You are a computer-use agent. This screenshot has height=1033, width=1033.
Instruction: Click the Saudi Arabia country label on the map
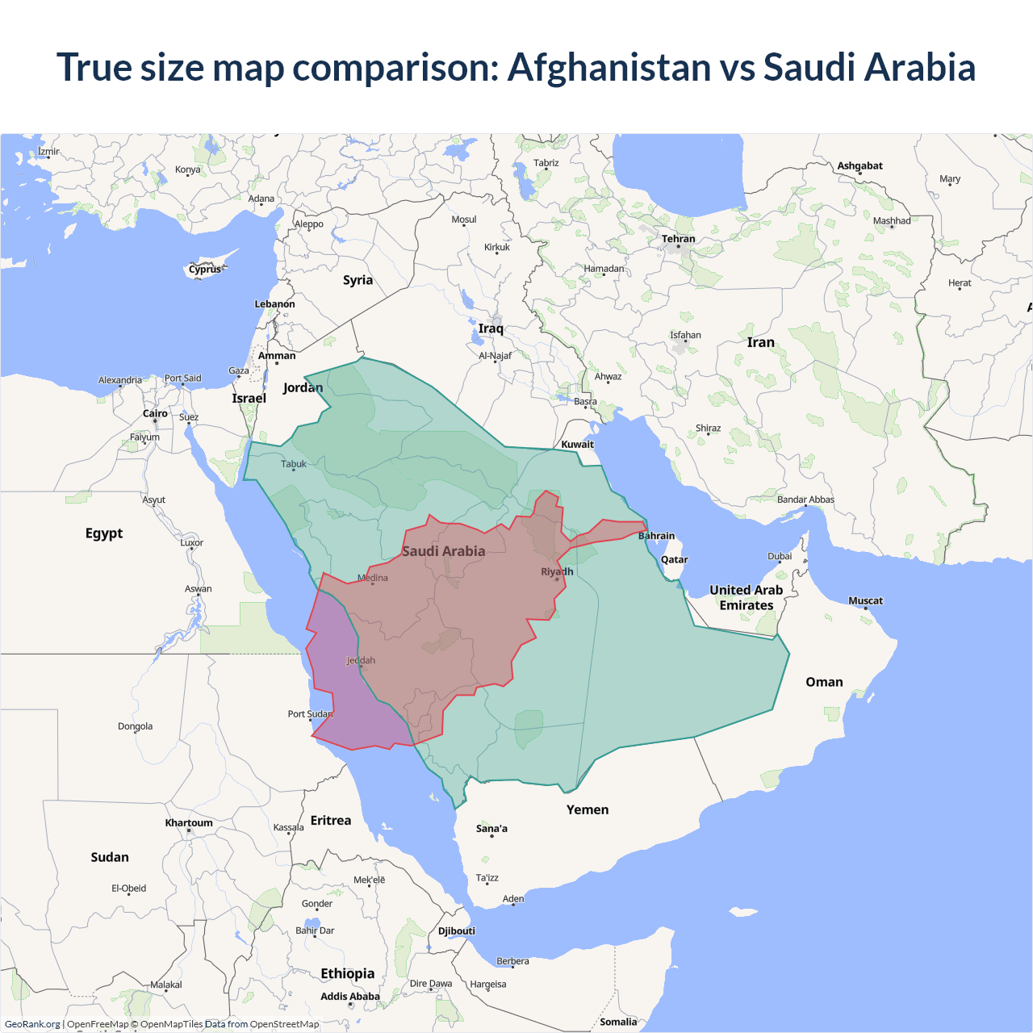[443, 551]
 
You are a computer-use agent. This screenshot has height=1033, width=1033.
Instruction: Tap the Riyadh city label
[557, 571]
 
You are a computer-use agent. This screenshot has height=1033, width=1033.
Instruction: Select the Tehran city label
[678, 239]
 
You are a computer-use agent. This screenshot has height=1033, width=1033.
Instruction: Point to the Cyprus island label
[205, 270]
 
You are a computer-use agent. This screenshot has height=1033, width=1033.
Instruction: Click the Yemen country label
[587, 809]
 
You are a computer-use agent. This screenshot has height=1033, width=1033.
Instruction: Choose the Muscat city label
[865, 600]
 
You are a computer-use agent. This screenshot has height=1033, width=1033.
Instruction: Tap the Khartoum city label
[189, 823]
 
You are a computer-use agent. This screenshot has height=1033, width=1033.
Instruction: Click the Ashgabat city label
[859, 165]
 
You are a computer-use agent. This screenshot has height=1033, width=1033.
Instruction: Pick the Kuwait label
[577, 444]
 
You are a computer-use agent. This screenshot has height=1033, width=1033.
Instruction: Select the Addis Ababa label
[349, 997]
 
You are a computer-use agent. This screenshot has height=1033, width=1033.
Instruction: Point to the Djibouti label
[457, 931]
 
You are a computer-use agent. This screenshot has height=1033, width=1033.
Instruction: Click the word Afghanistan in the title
[609, 67]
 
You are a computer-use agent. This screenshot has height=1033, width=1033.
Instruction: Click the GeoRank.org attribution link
[32, 1024]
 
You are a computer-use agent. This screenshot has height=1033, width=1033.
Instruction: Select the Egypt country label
[104, 533]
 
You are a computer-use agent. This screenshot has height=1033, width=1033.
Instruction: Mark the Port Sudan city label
[310, 713]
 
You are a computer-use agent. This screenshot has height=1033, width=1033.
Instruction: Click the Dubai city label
[780, 556]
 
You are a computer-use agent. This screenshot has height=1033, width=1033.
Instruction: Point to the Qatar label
[674, 559]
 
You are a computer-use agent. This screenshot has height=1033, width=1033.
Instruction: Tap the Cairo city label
[155, 413]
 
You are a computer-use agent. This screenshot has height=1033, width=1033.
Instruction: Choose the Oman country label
[824, 682]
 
